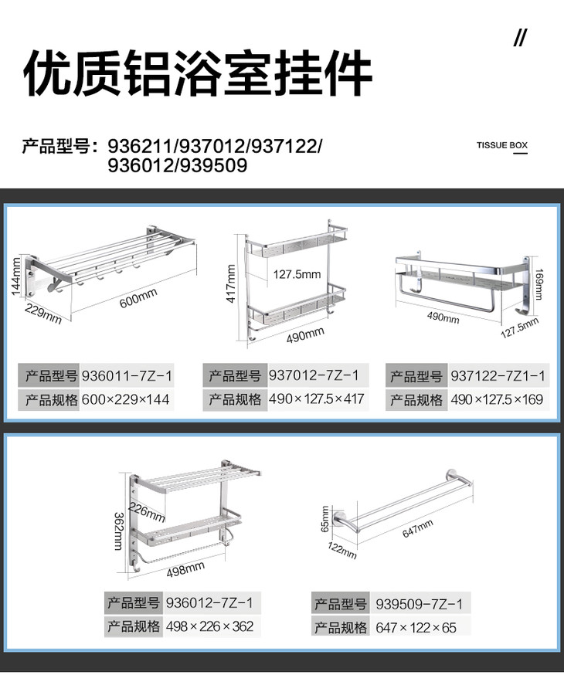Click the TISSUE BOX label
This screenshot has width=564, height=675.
pos(501,145)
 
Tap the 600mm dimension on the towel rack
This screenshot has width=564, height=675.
pos(138,298)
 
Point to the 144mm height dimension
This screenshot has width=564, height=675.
pos(16,276)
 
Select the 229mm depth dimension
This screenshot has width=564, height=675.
pos(43,313)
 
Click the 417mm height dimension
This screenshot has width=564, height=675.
pos(231,284)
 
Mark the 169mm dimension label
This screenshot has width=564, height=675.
pos(539,283)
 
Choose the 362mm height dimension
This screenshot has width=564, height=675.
pos(119,531)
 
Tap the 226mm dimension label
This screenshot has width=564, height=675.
pos(147,512)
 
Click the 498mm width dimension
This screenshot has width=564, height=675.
pos(185,569)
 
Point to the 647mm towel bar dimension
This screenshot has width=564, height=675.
pos(418,528)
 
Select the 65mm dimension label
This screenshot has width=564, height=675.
pos(325,519)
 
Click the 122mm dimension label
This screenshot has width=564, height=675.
pos(342,550)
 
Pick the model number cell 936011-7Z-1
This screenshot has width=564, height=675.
pos(127,376)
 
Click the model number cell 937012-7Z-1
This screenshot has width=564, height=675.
pos(314,375)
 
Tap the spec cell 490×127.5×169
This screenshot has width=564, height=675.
pos(497,399)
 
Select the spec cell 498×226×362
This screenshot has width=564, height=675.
pos(209,626)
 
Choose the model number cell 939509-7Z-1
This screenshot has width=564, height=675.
pos(419,604)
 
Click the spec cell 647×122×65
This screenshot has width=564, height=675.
pos(416,628)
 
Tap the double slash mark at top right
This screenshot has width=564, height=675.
pos(520,37)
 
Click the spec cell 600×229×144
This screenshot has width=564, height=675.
pos(126,399)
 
